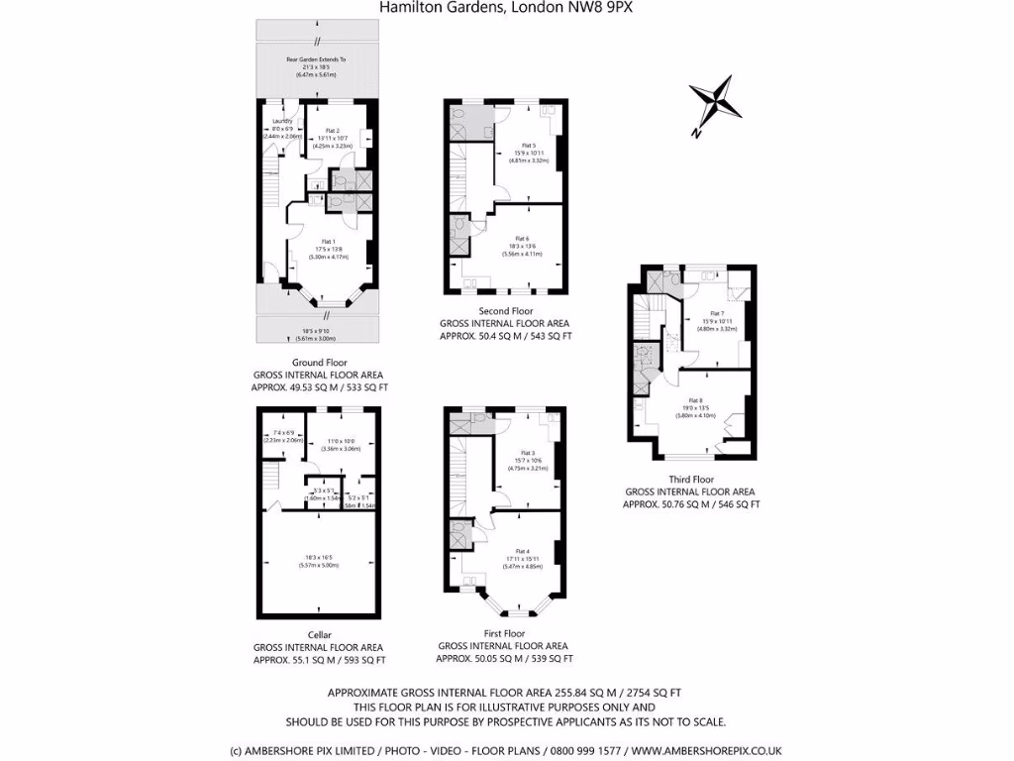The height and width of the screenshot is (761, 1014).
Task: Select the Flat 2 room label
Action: click(332, 131)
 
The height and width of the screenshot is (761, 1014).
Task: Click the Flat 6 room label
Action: click(522, 239)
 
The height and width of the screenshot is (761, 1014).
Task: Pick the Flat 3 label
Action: click(522, 452)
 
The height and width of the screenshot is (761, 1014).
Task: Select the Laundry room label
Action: click(281, 121)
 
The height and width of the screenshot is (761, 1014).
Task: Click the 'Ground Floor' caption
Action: click(320, 363)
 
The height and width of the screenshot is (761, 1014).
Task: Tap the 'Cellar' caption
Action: click(319, 635)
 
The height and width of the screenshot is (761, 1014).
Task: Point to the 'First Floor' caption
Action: click(504, 633)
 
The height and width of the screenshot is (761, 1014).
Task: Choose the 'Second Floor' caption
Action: click(505, 311)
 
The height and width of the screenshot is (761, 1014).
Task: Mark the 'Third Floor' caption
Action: click(689, 480)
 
